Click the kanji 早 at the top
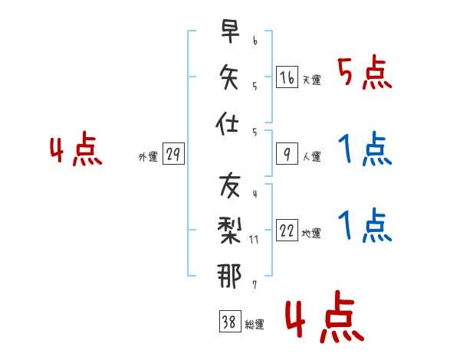[230, 31]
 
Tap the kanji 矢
[229, 77]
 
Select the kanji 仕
[227, 123]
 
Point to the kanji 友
[230, 185]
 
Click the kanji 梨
[229, 231]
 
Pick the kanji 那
[229, 276]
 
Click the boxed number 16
[287, 77]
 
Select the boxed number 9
[287, 154]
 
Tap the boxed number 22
[287, 230]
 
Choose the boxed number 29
[173, 154]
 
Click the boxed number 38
[230, 321]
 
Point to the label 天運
[312, 80]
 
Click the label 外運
[148, 156]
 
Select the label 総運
[255, 324]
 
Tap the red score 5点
[365, 73]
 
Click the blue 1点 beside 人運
[365, 149]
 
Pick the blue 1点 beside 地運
[365, 225]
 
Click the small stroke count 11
[254, 240]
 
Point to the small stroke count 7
[255, 285]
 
